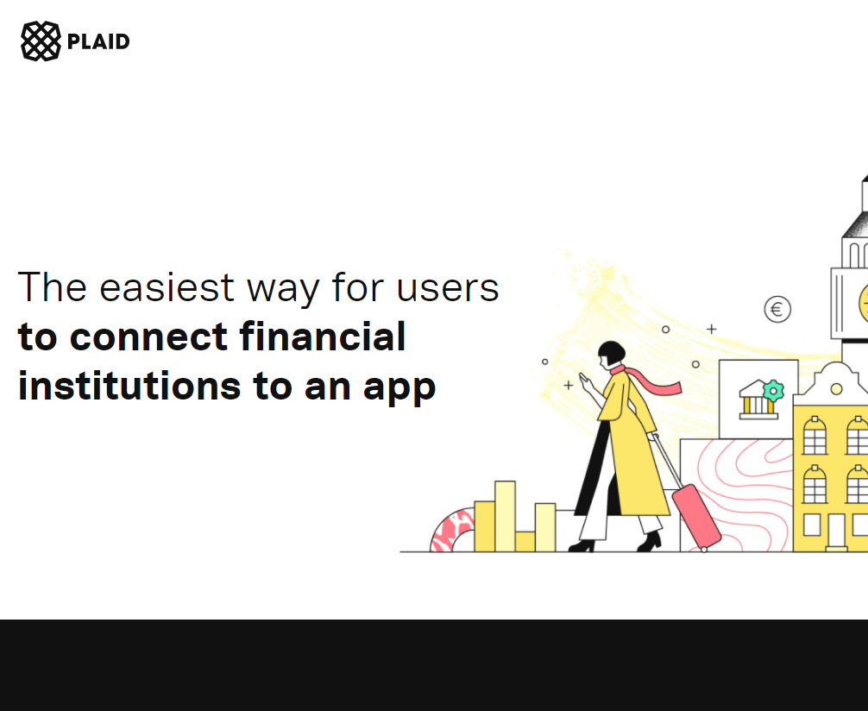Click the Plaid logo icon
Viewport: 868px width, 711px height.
click(x=41, y=41)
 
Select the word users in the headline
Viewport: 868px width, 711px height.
click(x=448, y=287)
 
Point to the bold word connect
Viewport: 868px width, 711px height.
click(x=150, y=337)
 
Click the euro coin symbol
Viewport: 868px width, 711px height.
click(x=777, y=309)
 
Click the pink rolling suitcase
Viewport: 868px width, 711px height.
click(x=695, y=515)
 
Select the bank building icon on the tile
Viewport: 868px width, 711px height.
click(x=757, y=400)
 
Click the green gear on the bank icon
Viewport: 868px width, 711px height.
click(x=773, y=390)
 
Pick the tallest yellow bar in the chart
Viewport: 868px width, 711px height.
click(x=505, y=515)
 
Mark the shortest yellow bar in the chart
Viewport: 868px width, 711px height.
click(x=525, y=541)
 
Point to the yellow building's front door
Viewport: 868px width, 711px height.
click(x=836, y=530)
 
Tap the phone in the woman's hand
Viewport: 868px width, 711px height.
click(x=584, y=379)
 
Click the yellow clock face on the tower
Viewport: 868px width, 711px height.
click(x=863, y=304)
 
